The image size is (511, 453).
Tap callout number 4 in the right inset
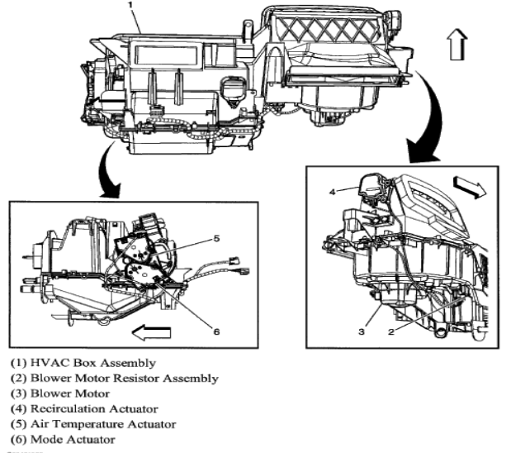pyautogui.click(x=334, y=191)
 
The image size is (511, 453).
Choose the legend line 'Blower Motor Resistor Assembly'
pyautogui.click(x=114, y=378)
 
